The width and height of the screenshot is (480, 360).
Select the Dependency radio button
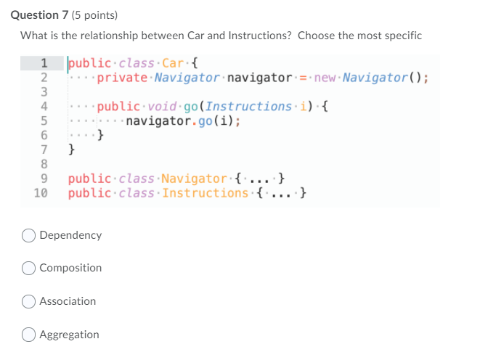(x=29, y=235)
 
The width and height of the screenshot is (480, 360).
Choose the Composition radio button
(x=29, y=268)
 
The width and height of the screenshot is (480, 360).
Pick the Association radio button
(x=29, y=301)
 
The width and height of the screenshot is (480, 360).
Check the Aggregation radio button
(x=29, y=335)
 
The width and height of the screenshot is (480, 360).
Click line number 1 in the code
(x=44, y=62)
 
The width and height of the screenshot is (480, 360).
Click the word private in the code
(x=122, y=77)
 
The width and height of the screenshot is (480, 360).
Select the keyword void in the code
(x=161, y=106)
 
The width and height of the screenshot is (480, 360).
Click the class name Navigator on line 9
(x=194, y=179)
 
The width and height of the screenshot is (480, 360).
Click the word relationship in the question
(x=102, y=36)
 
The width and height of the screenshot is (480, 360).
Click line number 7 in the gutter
(x=44, y=150)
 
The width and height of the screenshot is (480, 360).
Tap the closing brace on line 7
(x=71, y=150)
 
